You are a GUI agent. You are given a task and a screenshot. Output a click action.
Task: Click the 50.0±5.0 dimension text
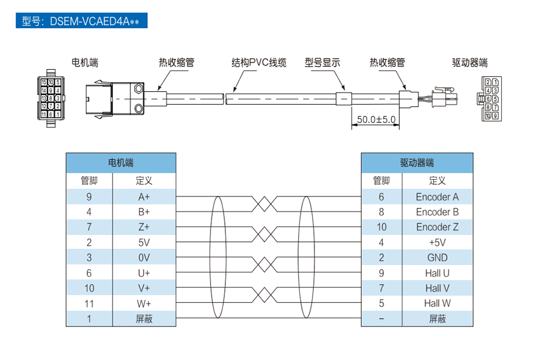tap(376, 120)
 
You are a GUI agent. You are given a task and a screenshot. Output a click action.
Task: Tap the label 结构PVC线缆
tap(259, 63)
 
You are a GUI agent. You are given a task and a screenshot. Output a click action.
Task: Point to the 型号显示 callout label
tap(322, 63)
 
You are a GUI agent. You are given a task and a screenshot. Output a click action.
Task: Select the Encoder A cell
tap(437, 197)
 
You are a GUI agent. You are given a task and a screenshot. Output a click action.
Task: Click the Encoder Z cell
tap(437, 227)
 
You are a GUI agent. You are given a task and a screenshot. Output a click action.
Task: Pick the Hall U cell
tap(437, 273)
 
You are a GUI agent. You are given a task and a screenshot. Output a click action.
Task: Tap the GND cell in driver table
tap(437, 258)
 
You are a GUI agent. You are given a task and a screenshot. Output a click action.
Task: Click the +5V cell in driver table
tap(437, 242)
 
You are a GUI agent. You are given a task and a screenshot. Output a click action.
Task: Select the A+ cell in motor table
tap(144, 197)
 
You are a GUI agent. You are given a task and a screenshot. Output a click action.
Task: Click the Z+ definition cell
tap(144, 227)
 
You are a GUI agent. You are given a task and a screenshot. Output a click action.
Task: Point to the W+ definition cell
tap(144, 304)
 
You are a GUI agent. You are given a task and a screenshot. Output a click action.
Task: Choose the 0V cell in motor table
tap(144, 258)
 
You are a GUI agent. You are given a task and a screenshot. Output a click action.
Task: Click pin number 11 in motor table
tap(89, 304)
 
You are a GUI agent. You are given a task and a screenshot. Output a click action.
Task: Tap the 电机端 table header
tap(121, 163)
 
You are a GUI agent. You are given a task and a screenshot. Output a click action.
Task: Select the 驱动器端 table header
tap(417, 163)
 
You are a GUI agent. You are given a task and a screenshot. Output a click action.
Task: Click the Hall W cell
tap(437, 304)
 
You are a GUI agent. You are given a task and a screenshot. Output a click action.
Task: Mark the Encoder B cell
tap(437, 212)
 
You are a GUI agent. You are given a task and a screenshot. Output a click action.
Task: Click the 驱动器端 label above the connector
tap(469, 63)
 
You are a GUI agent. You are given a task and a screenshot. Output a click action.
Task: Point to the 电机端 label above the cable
tap(85, 63)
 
